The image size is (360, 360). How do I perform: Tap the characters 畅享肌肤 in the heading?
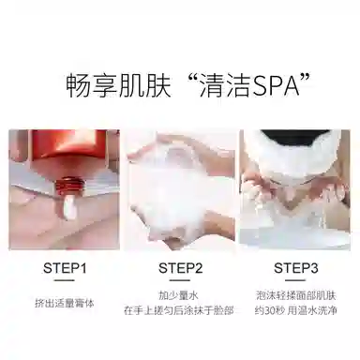click(x=113, y=85)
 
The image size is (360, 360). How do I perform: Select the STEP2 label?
click(x=180, y=267)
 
